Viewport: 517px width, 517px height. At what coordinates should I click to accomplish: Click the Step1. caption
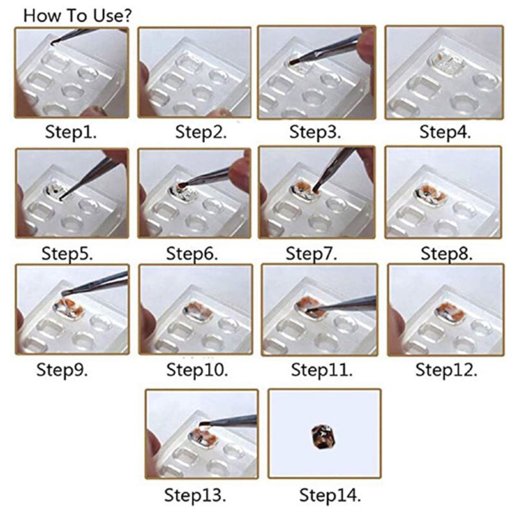[x=70, y=132]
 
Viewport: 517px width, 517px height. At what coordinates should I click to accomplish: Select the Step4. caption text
[x=445, y=132]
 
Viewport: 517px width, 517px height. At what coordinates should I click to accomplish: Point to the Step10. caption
[x=197, y=370]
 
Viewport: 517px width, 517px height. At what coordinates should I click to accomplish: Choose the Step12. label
[x=446, y=370]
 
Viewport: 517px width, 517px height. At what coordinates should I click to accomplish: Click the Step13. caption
[x=195, y=496]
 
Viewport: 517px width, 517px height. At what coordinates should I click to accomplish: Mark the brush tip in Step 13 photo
[x=202, y=426]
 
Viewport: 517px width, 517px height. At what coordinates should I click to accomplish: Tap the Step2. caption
[x=201, y=132]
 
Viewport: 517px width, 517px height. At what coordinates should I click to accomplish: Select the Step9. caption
[x=62, y=370]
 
